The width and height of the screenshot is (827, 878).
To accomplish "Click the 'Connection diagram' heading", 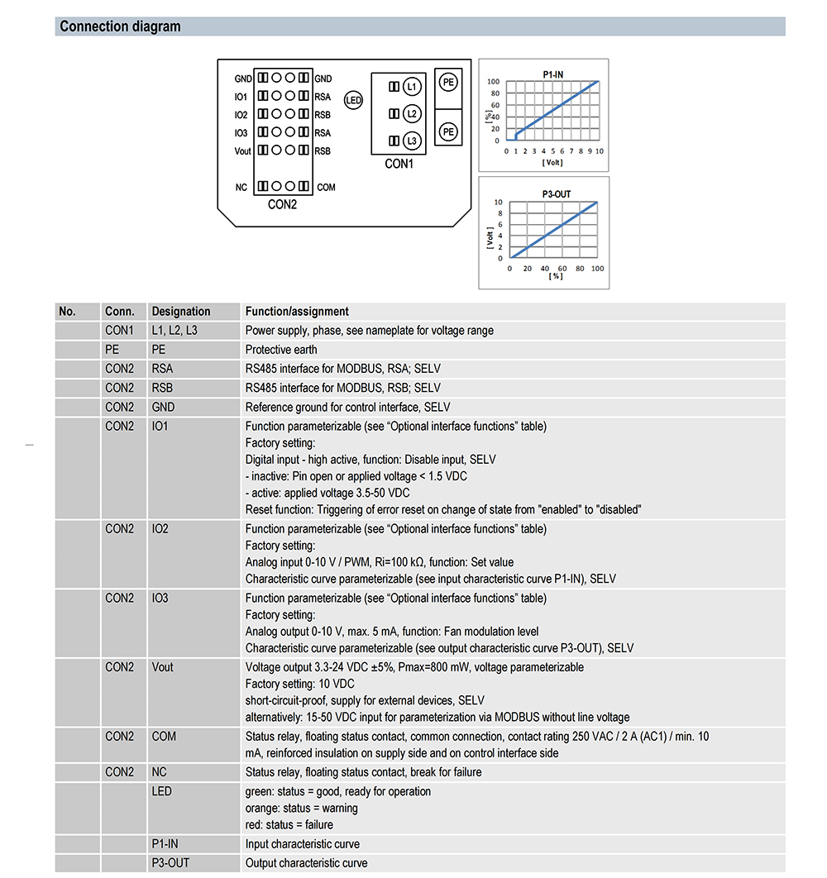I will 120,26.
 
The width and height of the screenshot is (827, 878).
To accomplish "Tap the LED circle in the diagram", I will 353,102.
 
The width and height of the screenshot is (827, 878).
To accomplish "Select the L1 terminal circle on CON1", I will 412,87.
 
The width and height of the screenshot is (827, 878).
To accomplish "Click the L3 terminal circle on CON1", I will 412,141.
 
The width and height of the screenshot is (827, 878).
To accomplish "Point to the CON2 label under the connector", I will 282,204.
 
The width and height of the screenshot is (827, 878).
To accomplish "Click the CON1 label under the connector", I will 399,164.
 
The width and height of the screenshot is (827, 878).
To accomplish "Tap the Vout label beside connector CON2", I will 242,151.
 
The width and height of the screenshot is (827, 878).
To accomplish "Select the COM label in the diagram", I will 326,188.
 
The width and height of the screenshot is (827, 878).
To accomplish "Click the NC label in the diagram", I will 241,188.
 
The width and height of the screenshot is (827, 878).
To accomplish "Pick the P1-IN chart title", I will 553,74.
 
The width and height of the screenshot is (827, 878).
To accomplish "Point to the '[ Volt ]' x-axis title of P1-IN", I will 552,162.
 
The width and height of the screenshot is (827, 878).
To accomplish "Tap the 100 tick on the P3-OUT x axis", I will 596,269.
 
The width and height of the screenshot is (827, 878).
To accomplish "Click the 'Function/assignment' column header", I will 297,312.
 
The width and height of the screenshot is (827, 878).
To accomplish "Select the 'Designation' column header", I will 181,312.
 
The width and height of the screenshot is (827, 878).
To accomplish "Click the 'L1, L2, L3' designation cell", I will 174,331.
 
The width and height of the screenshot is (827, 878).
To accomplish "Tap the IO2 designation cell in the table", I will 160,529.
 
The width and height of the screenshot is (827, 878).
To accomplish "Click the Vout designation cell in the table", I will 163,667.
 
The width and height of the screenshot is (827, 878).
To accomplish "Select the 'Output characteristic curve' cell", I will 306,863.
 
